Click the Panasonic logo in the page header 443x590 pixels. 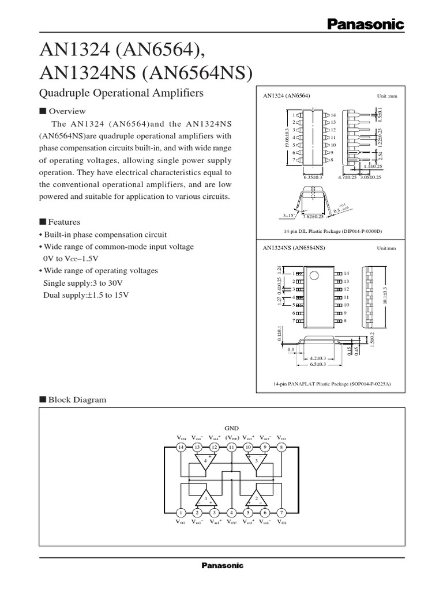pyautogui.click(x=366, y=24)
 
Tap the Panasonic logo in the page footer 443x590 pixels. pyautogui.click(x=222, y=565)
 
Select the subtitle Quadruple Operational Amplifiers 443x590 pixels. pyautogui.click(x=121, y=93)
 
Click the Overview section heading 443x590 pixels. pyautogui.click(x=66, y=111)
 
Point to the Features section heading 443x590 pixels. pyautogui.click(x=63, y=222)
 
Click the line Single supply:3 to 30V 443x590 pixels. pyautogui.click(x=83, y=283)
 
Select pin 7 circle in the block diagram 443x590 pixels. pyautogui.click(x=281, y=512)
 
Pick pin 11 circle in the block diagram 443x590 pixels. pyautogui.click(x=231, y=447)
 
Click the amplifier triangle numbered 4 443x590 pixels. pyautogui.click(x=206, y=461)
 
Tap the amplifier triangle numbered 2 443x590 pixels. pyautogui.click(x=256, y=498)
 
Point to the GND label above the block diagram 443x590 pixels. pyautogui.click(x=231, y=428)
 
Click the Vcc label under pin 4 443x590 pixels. pyautogui.click(x=231, y=522)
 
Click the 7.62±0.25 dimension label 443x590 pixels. pyautogui.click(x=313, y=216)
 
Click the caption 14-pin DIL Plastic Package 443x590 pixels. pyautogui.click(x=332, y=231)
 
